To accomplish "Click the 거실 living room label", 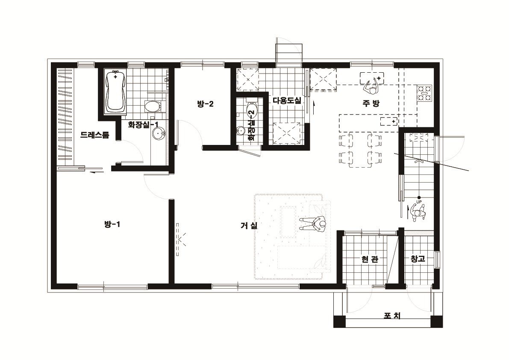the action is (x=249, y=225).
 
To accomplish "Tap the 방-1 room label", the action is (x=112, y=224).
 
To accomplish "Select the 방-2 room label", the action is (x=205, y=104).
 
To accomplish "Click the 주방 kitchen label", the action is (x=371, y=103).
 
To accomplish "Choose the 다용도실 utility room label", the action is (x=287, y=100).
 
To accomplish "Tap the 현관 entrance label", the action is (x=370, y=259).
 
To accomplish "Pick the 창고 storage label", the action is (x=418, y=259).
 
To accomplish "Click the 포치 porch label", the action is (x=392, y=315).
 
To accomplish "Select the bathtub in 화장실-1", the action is (x=115, y=91).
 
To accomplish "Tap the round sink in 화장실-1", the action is (x=159, y=133).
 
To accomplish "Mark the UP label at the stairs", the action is (x=419, y=202).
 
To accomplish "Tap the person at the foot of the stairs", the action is (x=417, y=212).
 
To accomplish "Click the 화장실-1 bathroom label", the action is (x=143, y=124).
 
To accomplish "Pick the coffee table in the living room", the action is (x=288, y=222).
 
